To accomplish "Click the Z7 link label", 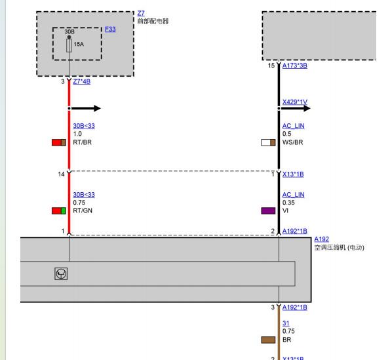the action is [x=141, y=13].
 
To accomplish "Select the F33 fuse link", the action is [x=110, y=29].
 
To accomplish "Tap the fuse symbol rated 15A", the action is [x=69, y=45].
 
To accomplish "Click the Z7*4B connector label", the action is [x=81, y=81].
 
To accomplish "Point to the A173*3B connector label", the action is [x=295, y=66].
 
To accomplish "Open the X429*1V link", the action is [x=295, y=102].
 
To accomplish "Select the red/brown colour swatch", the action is [x=59, y=142].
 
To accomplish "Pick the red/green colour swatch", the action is [x=59, y=210].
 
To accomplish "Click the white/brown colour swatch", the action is [x=268, y=142].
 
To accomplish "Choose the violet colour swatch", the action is [x=268, y=210].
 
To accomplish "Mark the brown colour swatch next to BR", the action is [x=268, y=340].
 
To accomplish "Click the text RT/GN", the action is [x=83, y=210].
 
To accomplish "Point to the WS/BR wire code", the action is [x=293, y=142].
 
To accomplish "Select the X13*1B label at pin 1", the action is [x=293, y=174].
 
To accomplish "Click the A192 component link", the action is [x=322, y=239].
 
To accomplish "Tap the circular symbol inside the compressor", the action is [x=61, y=274].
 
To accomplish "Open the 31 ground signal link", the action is [x=286, y=323].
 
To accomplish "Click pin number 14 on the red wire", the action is [x=61, y=174].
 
